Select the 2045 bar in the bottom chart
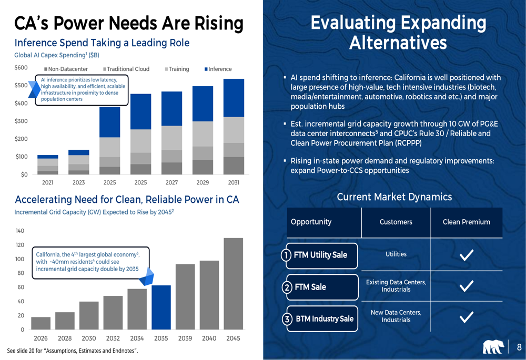(x=233, y=284)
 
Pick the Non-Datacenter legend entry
(x=66, y=69)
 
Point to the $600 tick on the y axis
(x=21, y=68)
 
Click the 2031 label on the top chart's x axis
(x=234, y=183)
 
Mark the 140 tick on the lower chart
(x=20, y=231)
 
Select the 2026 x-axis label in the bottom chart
(x=42, y=338)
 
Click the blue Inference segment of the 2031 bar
(x=234, y=98)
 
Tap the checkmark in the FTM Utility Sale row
(x=466, y=255)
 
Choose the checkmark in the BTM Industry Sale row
(x=466, y=316)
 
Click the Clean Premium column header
(x=466, y=222)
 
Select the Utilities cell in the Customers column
(x=396, y=254)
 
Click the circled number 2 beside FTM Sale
(x=287, y=287)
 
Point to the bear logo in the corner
(x=493, y=347)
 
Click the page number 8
(x=519, y=347)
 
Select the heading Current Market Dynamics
(x=394, y=197)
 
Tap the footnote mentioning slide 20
(x=73, y=351)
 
